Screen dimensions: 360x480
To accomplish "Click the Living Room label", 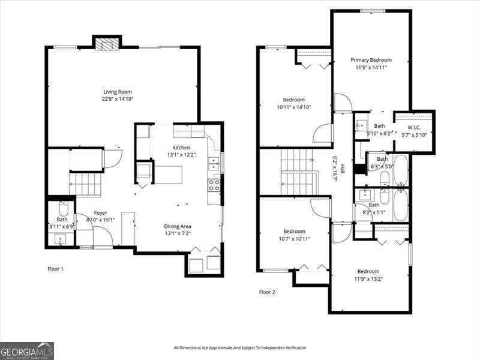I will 117,92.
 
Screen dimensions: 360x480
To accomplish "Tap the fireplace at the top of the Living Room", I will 107,44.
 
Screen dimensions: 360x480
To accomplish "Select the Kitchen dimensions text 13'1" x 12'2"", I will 181,155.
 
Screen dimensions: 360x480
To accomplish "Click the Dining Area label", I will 178,226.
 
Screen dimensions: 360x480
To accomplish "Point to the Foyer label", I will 100,213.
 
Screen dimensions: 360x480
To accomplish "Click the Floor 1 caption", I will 55,269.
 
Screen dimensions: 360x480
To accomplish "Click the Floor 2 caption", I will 267,292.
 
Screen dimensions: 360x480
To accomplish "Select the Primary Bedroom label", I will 371,60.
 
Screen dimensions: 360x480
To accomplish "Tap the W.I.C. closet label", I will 414,127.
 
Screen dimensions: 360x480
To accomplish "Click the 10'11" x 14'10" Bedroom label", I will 294,100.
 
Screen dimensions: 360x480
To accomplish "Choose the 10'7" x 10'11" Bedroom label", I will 294,231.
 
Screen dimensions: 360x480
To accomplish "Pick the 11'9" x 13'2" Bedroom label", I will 368,271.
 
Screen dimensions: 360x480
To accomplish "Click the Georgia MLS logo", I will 27,350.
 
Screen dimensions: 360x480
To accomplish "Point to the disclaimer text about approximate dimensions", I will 240,348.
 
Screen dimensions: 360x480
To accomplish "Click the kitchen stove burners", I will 214,185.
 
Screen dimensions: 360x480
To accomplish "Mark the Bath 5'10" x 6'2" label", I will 379,126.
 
